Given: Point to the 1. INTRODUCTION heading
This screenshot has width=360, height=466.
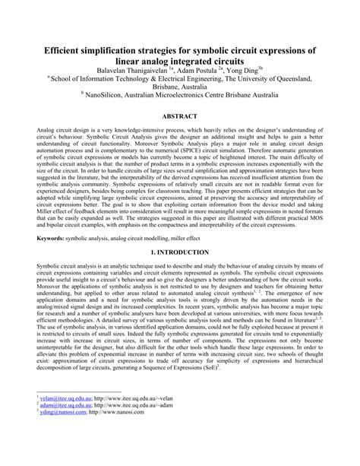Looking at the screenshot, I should (180, 250).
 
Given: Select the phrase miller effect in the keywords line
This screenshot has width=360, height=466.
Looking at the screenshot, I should (206, 238).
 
